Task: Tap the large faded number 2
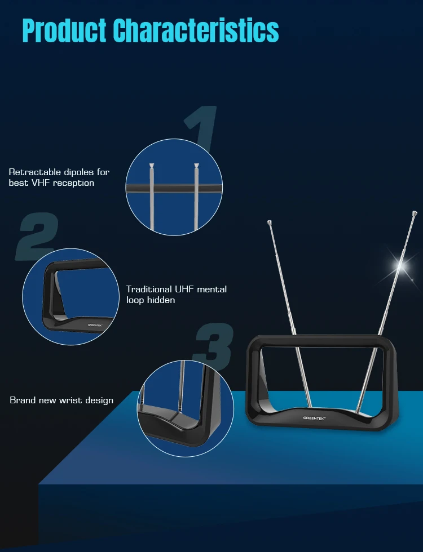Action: tap(37, 236)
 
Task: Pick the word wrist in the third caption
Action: tap(70, 400)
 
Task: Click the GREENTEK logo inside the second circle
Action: tap(95, 325)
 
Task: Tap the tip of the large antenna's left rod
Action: tap(269, 222)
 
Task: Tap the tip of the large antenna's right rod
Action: tap(415, 213)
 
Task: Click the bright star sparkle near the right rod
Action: tap(401, 265)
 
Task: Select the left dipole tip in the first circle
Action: tap(152, 166)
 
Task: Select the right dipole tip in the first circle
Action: tap(196, 166)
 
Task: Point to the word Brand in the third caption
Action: tap(23, 400)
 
